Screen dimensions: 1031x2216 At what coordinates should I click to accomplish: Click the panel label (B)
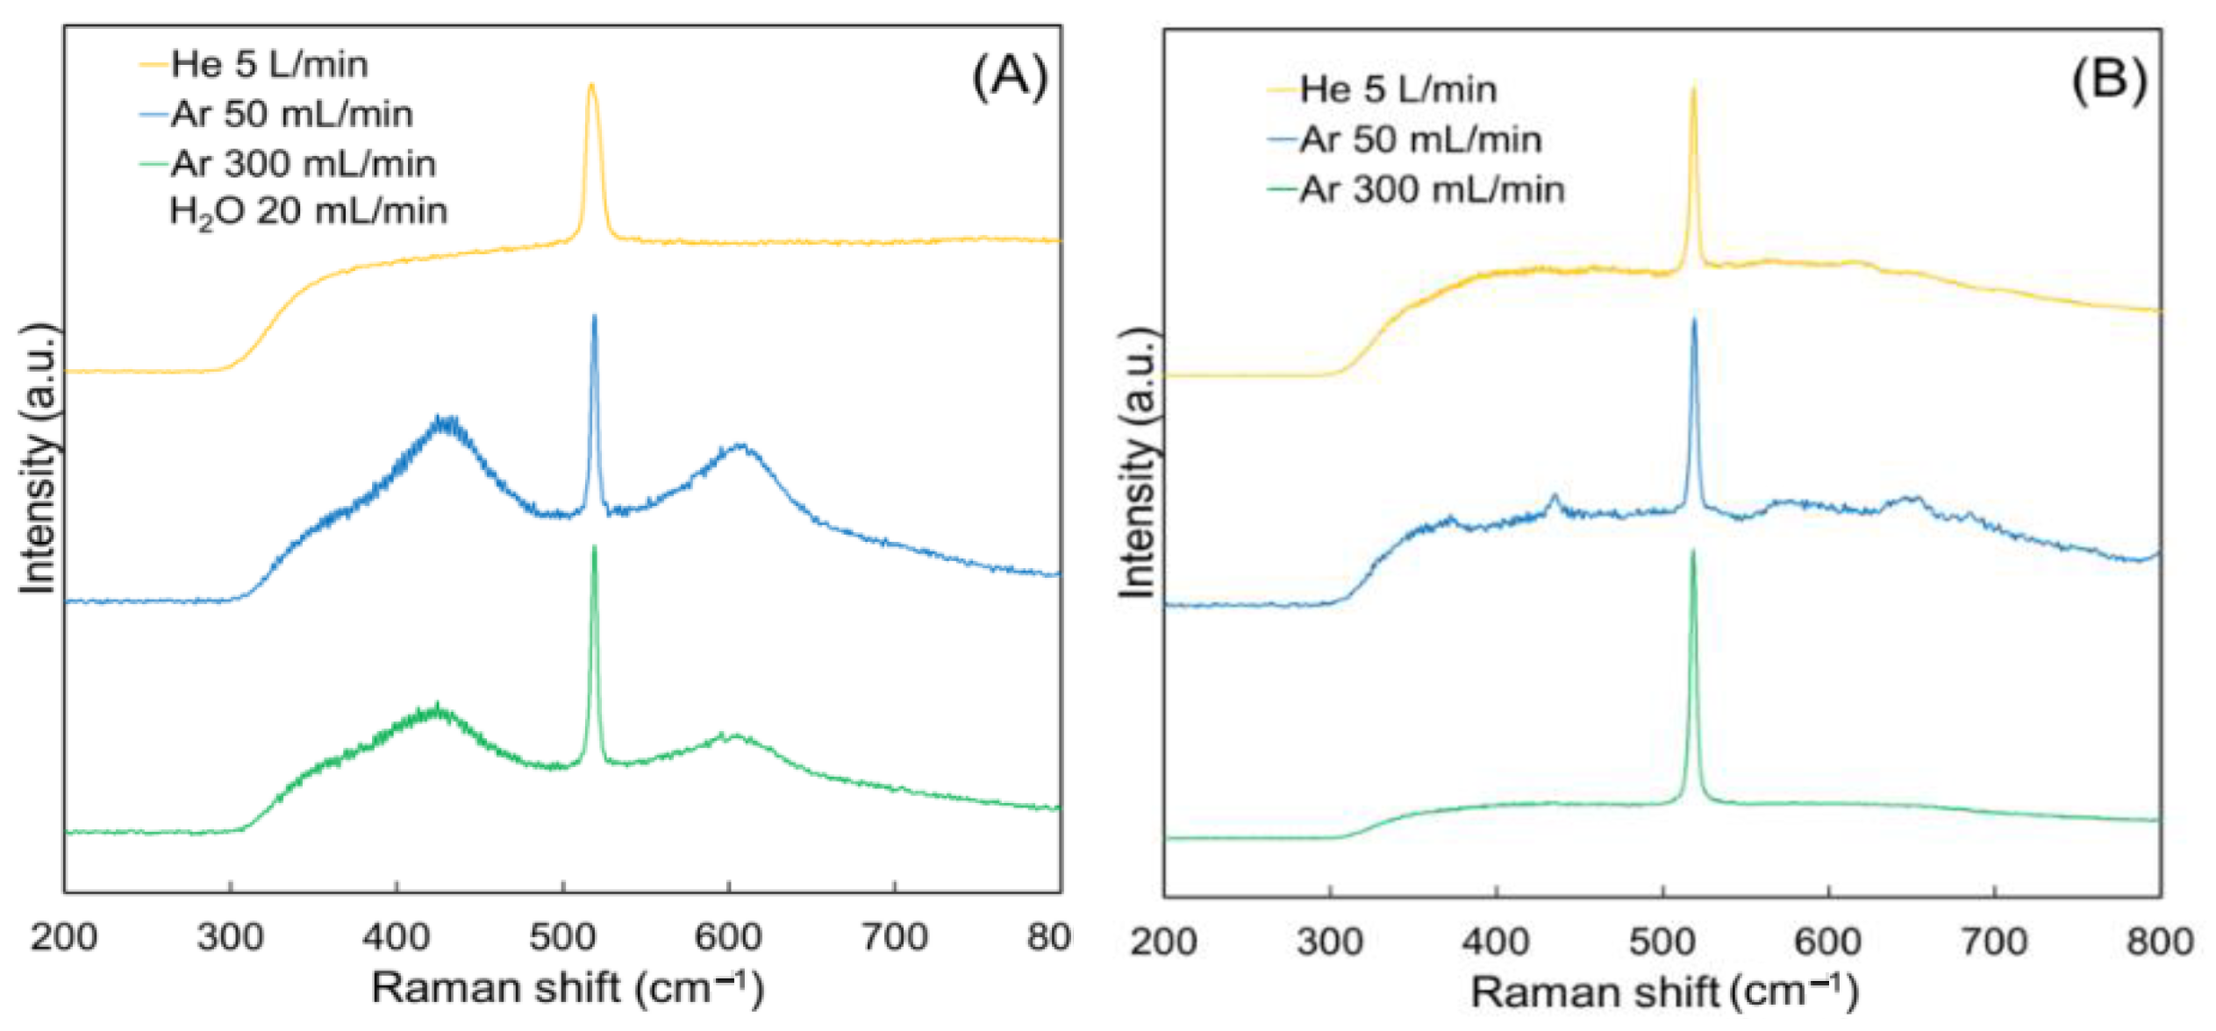2109,80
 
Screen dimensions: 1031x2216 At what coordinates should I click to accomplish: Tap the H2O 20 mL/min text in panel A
308,211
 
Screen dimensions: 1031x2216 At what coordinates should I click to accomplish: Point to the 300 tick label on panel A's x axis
230,938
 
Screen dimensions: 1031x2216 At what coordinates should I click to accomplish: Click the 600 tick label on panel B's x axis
1827,942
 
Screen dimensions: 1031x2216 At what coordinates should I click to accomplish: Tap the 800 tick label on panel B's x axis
2159,942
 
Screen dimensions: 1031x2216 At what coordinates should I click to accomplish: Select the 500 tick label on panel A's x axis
561,938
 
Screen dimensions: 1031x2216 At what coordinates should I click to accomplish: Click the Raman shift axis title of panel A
568,988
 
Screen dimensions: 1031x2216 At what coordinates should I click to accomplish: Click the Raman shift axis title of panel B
1664,992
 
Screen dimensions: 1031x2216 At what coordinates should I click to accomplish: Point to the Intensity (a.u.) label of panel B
1138,463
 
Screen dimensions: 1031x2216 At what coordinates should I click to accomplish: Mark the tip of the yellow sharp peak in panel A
591,85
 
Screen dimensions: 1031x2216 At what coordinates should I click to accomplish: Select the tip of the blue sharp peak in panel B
1694,319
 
